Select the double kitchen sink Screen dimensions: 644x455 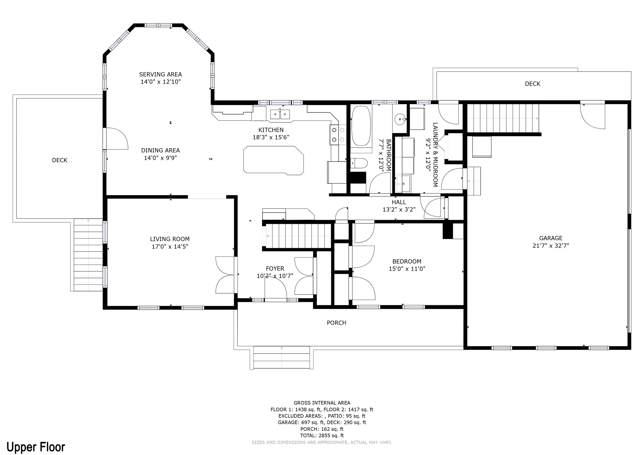tap(280, 114)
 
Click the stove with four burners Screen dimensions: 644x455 tap(338, 135)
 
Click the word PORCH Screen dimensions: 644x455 tap(336, 323)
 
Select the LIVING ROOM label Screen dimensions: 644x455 tap(170, 239)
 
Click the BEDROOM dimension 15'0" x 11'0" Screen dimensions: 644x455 tap(407, 269)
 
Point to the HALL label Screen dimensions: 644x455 tap(399, 202)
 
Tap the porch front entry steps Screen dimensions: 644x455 tap(282, 357)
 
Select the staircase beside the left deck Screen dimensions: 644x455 tap(88, 255)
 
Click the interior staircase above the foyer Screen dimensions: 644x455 tap(298, 236)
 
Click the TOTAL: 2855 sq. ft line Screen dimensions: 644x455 tap(322, 435)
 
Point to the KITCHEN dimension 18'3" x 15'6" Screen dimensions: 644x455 tap(271, 137)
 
